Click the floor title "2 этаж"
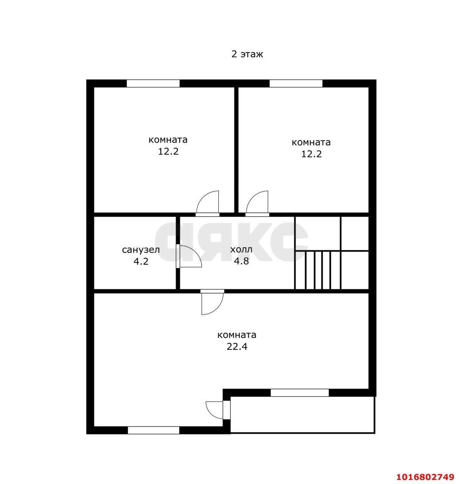point(247,54)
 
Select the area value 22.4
point(236,346)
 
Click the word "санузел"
point(141,250)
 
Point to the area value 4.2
point(141,261)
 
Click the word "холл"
point(241,250)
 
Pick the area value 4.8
point(241,261)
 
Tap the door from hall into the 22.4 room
point(212,302)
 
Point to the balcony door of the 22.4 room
point(218,410)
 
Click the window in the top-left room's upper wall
point(153,83)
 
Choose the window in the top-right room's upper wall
point(296,83)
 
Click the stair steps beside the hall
point(317,270)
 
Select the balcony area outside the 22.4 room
point(302,415)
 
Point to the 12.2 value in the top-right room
point(311,154)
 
